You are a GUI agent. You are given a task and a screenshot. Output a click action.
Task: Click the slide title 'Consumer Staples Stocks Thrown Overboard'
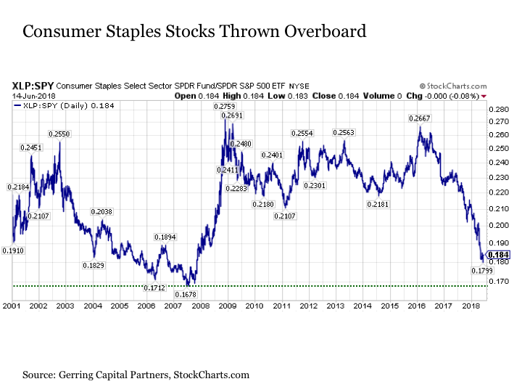coord(194,32)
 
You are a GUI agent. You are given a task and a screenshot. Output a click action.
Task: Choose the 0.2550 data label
coord(60,134)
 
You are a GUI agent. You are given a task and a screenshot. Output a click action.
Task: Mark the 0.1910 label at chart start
coord(13,250)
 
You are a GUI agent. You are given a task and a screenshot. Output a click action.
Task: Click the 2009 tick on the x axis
coord(227,307)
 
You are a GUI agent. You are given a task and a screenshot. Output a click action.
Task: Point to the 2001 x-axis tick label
coord(11,307)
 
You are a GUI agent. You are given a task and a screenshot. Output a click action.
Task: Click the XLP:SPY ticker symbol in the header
coord(30,85)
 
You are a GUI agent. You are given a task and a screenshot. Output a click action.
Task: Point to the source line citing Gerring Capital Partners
coord(136,375)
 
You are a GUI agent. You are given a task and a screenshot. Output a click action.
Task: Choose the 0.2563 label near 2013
coord(344,133)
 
